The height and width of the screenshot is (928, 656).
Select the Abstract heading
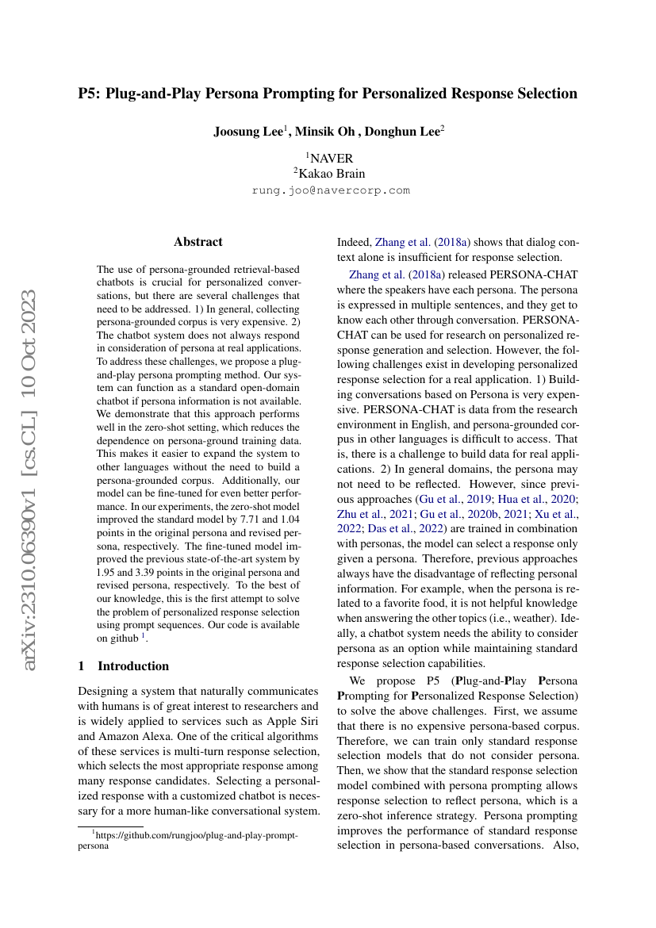[x=198, y=241]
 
